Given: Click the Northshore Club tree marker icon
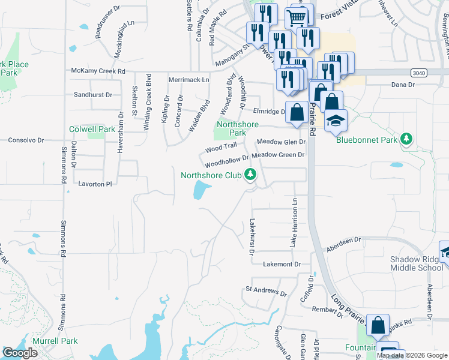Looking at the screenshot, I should (x=250, y=175).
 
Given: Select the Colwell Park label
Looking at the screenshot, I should (x=92, y=129).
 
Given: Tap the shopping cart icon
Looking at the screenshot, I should (x=296, y=18).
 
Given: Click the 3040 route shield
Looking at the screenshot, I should (x=419, y=72).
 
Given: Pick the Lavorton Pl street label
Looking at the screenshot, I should (x=95, y=184).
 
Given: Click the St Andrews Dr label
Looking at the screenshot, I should (x=267, y=291).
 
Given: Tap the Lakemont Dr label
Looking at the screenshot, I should (x=281, y=264).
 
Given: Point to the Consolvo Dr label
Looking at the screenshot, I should (x=26, y=140).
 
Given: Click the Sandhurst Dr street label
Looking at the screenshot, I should (x=93, y=95).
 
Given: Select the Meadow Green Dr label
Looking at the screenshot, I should (x=279, y=155).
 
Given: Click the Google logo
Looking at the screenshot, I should (x=20, y=353).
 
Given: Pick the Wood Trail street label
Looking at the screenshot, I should (x=221, y=147).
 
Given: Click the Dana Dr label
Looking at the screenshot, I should (x=403, y=85).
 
